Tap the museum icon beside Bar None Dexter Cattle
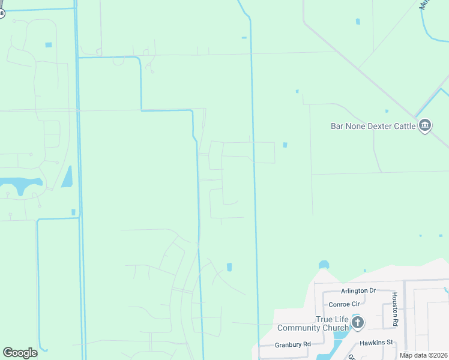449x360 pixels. click(x=425, y=125)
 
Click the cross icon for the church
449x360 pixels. click(x=357, y=323)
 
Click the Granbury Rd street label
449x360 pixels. click(x=293, y=344)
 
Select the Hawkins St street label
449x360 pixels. click(x=376, y=343)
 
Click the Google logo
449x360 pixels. click(x=20, y=353)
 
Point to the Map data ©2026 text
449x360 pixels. click(x=424, y=355)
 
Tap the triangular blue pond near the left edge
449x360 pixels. click(x=67, y=177)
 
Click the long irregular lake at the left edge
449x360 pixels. click(x=21, y=185)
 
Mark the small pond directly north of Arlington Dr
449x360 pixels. click(x=324, y=264)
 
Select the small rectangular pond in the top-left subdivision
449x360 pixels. click(x=48, y=45)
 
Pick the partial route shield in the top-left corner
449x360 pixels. click(x=2, y=12)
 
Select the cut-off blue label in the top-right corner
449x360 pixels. click(x=425, y=5)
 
